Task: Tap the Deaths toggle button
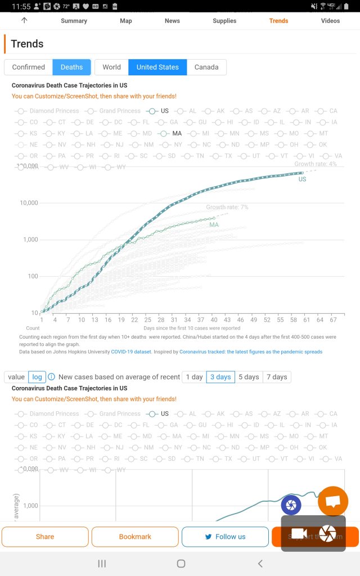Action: (x=71, y=67)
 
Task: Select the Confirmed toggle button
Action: (x=29, y=67)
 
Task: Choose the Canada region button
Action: (x=206, y=67)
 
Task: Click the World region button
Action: (x=111, y=67)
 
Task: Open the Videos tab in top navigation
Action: (x=330, y=21)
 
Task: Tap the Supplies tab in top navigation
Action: (x=224, y=21)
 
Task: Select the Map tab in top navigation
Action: (x=126, y=21)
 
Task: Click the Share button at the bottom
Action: (x=45, y=537)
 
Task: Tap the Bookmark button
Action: (x=135, y=537)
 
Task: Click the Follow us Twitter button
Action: (x=225, y=537)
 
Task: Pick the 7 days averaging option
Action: (x=276, y=377)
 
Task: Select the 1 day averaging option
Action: (x=194, y=377)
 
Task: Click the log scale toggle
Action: (x=37, y=377)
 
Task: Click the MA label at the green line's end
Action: (x=214, y=225)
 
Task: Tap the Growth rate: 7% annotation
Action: (x=227, y=208)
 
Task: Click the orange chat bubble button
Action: (x=333, y=501)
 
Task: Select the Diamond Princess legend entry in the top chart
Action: (x=54, y=111)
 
